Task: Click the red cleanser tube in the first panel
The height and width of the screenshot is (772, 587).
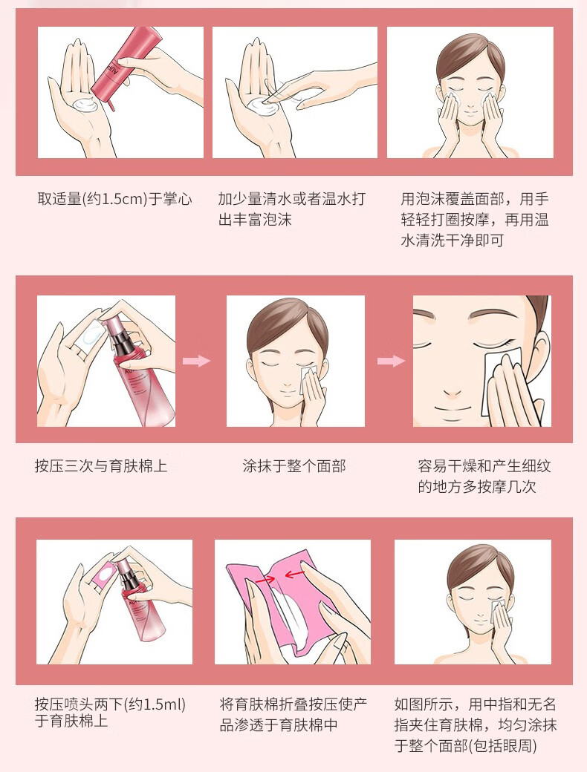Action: (x=125, y=64)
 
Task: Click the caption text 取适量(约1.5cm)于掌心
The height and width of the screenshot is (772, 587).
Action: (x=114, y=199)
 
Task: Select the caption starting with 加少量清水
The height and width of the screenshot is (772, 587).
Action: (x=292, y=209)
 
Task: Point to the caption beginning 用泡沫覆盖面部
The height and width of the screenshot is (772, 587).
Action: (x=475, y=220)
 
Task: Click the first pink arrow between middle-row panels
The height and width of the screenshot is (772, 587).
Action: (x=196, y=361)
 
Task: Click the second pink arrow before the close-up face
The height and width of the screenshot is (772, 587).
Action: (x=391, y=361)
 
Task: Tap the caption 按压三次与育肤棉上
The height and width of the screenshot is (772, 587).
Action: (x=101, y=465)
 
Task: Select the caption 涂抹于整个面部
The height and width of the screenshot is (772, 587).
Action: (x=294, y=465)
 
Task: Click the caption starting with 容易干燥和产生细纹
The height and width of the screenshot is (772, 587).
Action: (x=484, y=476)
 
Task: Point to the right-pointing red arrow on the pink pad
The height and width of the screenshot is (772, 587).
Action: (x=265, y=580)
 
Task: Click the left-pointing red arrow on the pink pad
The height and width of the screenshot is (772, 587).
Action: (x=295, y=574)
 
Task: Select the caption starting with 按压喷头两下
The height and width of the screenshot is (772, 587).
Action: (x=110, y=713)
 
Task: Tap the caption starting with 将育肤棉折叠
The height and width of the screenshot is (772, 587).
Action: (x=293, y=714)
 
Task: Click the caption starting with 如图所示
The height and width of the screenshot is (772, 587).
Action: (x=475, y=724)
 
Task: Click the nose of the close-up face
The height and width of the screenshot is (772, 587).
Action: (x=452, y=390)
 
